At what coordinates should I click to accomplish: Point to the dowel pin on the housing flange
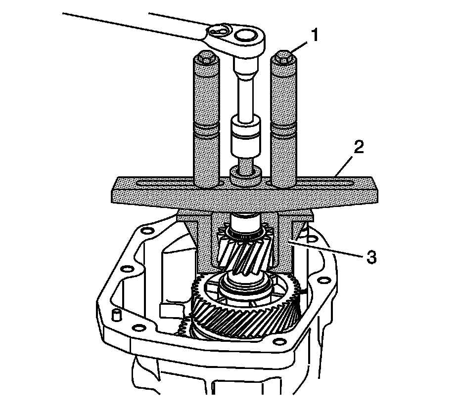coord(117,315)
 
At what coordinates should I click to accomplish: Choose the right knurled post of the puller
coord(283,123)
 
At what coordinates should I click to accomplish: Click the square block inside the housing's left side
coord(167,311)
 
